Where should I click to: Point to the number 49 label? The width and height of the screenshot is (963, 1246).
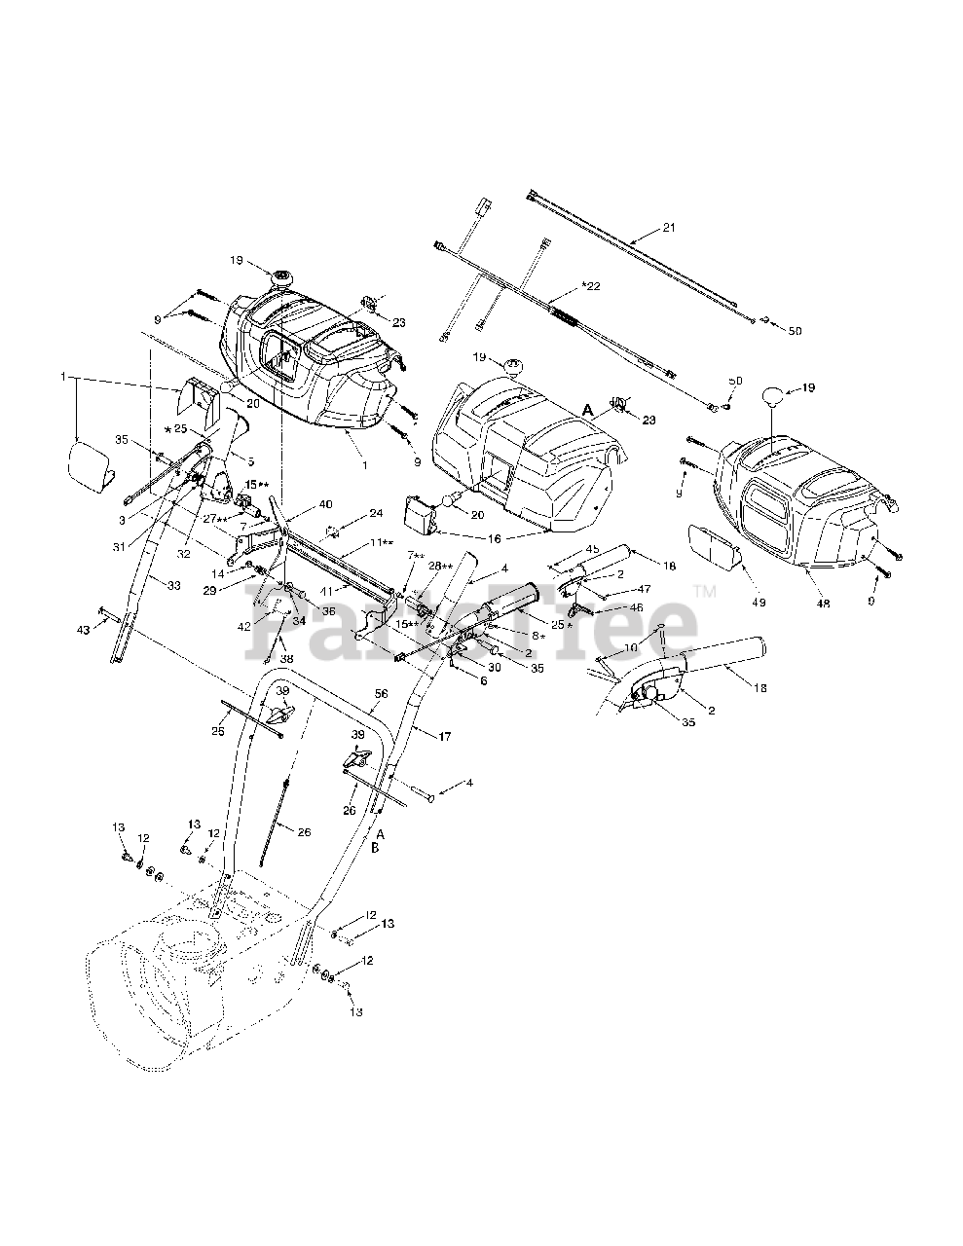click(x=759, y=603)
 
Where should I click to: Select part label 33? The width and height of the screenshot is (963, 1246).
click(x=173, y=585)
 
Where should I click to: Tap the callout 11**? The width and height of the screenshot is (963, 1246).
click(x=354, y=541)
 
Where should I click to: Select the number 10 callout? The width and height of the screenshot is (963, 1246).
click(x=631, y=647)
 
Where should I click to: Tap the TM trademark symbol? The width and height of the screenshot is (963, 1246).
click(x=705, y=591)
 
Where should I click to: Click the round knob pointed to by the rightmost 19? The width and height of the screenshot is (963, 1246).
click(x=771, y=397)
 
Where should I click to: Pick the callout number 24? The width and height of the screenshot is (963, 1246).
click(x=349, y=513)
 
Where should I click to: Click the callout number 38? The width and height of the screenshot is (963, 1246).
click(x=286, y=657)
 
